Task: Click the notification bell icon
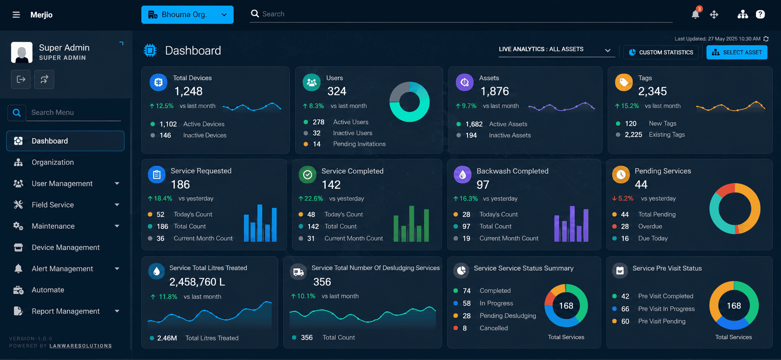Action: click(695, 14)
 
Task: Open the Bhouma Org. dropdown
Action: click(187, 15)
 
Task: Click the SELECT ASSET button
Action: click(737, 52)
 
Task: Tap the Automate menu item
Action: click(48, 290)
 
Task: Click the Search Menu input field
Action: click(74, 113)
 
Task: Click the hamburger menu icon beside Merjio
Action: click(16, 15)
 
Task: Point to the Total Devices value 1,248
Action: click(189, 91)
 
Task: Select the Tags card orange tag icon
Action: click(624, 82)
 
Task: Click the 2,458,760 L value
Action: click(197, 282)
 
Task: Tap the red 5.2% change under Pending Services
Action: click(622, 198)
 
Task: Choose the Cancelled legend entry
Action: click(494, 328)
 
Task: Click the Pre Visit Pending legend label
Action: click(662, 322)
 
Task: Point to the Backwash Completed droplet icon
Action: click(463, 175)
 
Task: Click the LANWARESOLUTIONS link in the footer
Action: click(81, 346)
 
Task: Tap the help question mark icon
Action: click(760, 14)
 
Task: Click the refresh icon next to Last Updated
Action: click(766, 39)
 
